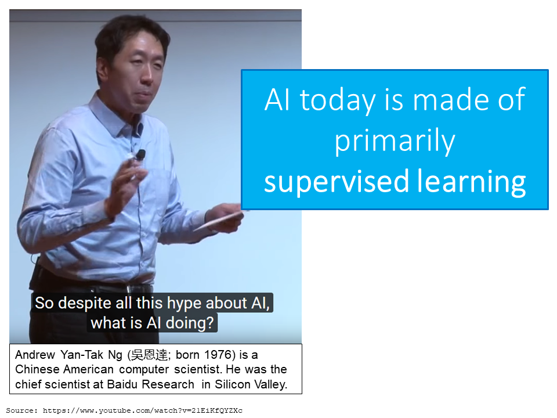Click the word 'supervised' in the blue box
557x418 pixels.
pos(337,182)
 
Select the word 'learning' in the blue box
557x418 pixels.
pos(471,182)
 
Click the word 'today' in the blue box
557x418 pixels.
pos(338,100)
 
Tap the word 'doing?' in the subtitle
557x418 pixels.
pos(190,323)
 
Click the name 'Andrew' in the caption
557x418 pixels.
pos(35,355)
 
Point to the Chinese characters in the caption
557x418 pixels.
pos(149,355)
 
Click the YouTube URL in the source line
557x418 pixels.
pos(143,410)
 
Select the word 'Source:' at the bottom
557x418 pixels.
pos(21,410)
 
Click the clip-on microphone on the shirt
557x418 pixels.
pos(140,155)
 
